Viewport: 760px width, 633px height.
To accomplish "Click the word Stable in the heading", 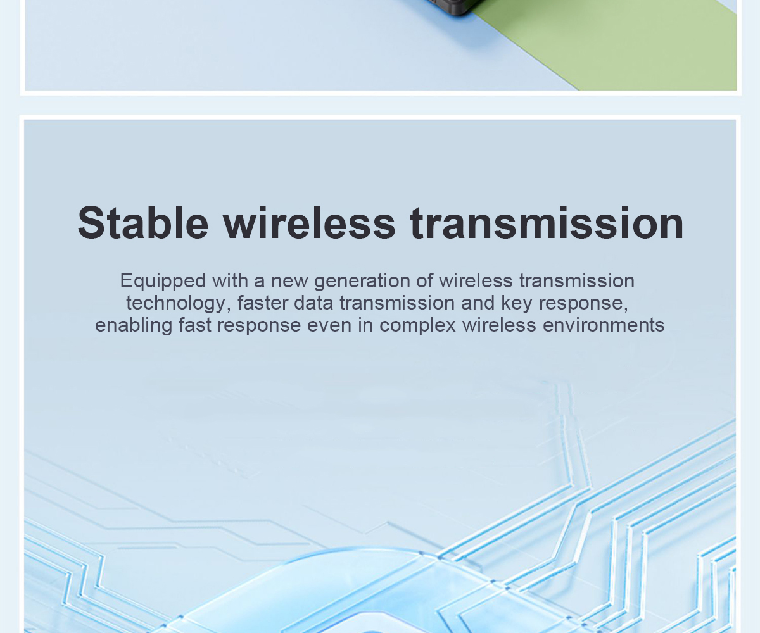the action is click(143, 222).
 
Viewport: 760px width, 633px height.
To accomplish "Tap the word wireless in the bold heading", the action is click(310, 222).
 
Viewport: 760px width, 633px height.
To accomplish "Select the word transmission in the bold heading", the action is click(547, 223).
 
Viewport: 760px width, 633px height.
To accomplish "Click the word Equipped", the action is click(163, 282).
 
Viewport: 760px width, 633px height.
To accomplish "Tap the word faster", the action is click(262, 303).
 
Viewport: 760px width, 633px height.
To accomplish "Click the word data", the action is click(313, 303).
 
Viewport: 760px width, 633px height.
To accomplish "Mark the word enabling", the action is click(134, 325).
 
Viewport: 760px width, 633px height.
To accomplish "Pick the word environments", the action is click(604, 325).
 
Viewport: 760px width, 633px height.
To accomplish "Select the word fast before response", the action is click(194, 325).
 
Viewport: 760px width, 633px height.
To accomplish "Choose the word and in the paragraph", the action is click(478, 303).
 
